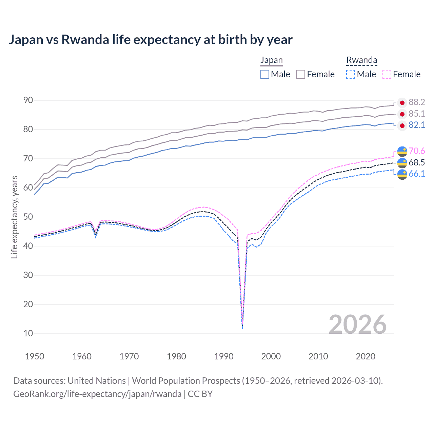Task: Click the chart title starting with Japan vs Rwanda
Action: point(151,40)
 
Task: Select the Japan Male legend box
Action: point(265,74)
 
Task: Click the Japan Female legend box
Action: point(301,74)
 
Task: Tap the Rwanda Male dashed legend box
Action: point(351,74)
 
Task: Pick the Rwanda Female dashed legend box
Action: point(387,74)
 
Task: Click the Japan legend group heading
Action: point(271,60)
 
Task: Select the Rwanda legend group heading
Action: point(362,60)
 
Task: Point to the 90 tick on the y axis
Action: point(28,100)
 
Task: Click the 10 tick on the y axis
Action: point(28,333)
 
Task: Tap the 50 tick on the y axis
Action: point(28,217)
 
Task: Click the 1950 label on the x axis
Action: point(35,356)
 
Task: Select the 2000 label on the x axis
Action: point(271,356)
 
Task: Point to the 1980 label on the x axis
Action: point(176,356)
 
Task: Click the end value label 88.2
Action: point(417,102)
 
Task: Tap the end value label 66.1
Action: point(417,174)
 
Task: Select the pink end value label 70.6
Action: point(417,151)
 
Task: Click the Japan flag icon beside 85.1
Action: point(402,114)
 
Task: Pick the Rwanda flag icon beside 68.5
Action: point(402,163)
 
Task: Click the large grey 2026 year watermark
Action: point(358,325)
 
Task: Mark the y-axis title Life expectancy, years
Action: point(14,217)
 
